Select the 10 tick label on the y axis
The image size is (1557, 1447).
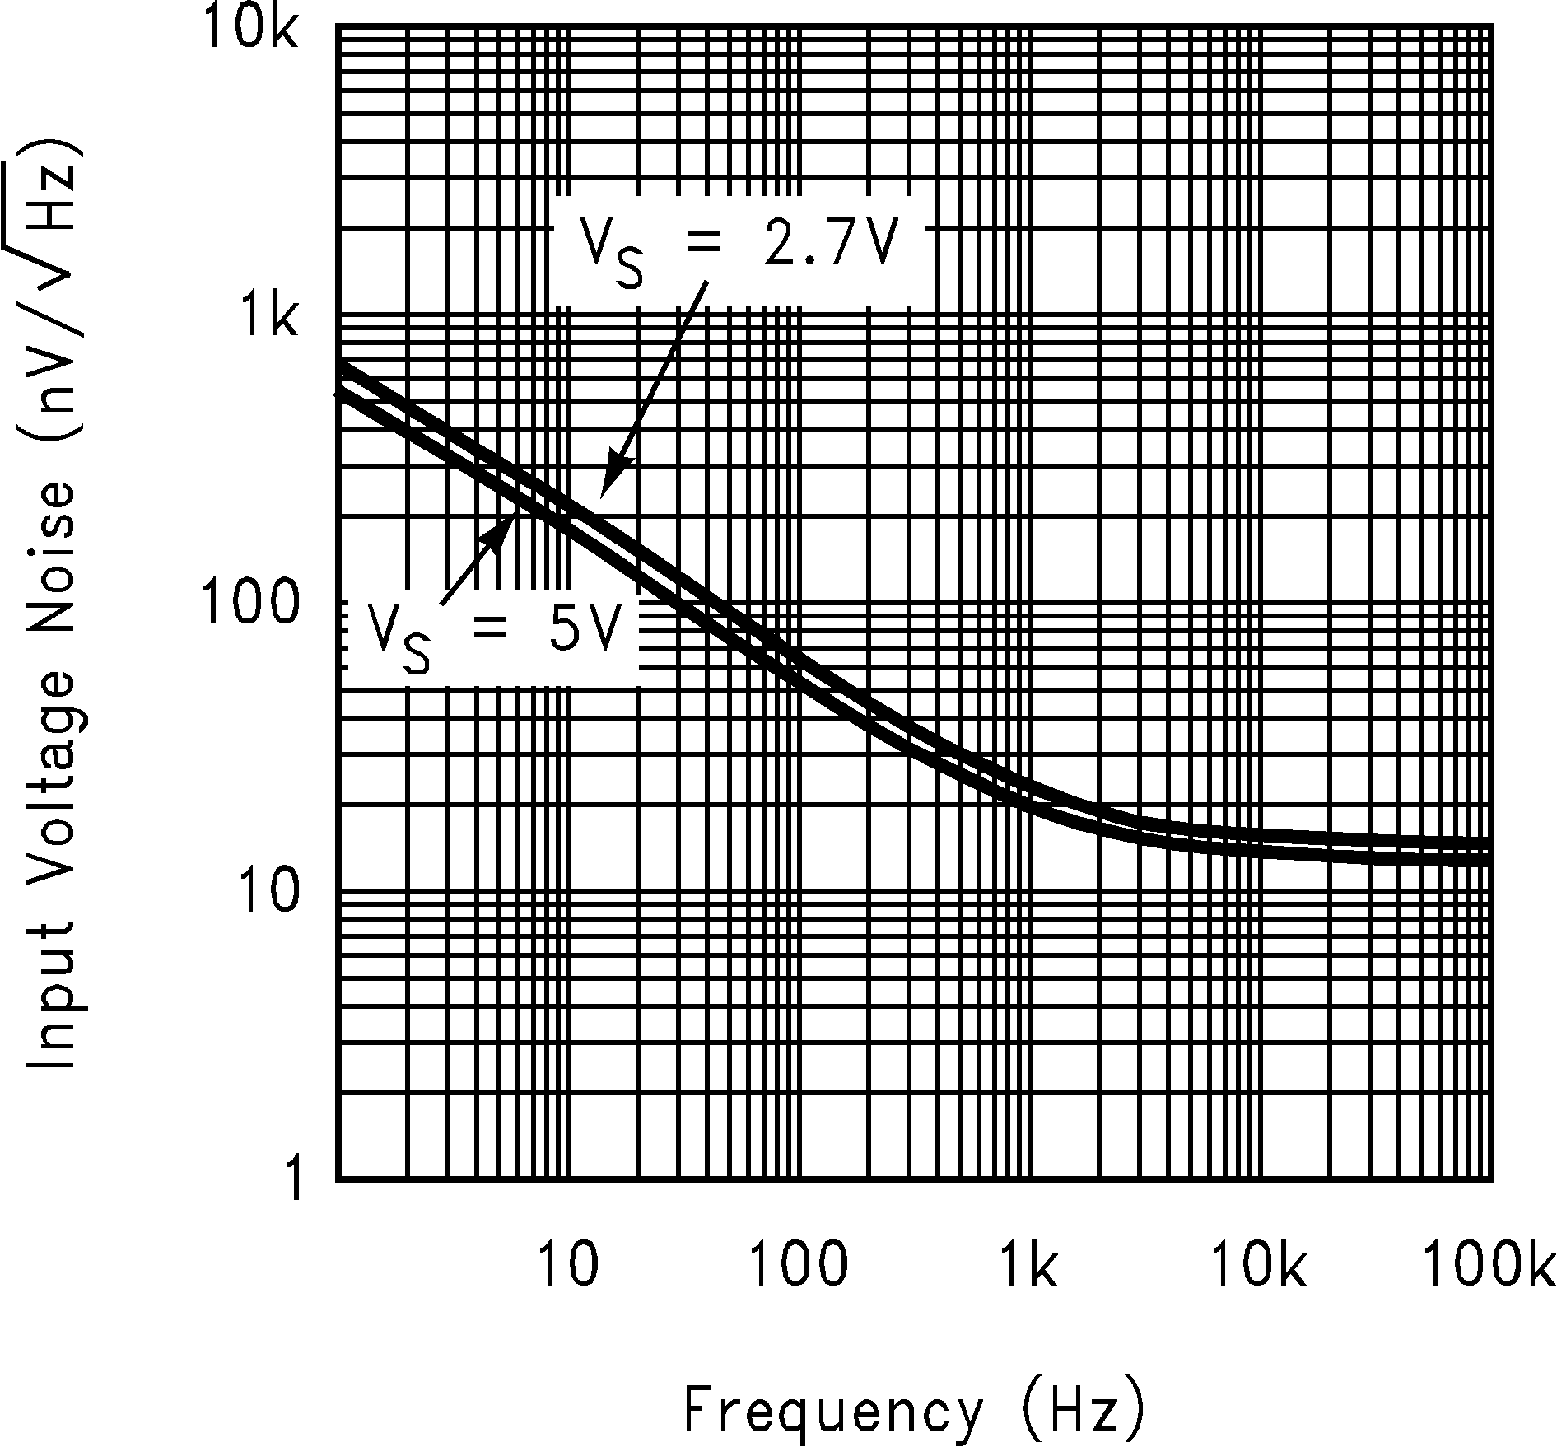[x=268, y=894]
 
